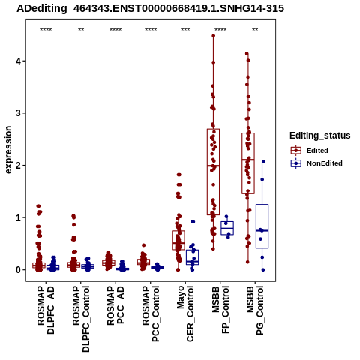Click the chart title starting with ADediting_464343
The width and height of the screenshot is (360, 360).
150,8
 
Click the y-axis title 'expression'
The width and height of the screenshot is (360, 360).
8,150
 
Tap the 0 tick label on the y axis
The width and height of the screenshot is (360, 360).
18,270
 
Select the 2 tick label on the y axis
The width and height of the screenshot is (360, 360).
18,165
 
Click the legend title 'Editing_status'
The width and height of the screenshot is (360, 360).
320,136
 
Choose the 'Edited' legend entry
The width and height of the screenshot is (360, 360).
317,151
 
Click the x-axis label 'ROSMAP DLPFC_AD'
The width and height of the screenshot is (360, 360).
46,310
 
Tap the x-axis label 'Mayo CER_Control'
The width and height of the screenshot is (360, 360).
185,313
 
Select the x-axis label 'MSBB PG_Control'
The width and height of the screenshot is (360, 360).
255,310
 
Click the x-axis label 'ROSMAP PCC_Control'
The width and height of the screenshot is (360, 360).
151,313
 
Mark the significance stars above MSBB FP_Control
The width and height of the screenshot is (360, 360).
220,30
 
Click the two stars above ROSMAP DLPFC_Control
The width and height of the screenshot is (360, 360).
81,30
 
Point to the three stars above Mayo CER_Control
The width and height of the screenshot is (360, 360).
185,30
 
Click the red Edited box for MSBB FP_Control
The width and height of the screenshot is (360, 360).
213,129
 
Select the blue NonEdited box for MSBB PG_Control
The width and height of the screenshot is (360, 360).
262,205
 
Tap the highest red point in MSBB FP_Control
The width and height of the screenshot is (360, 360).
214,36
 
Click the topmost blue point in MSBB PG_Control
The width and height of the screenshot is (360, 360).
263,162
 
